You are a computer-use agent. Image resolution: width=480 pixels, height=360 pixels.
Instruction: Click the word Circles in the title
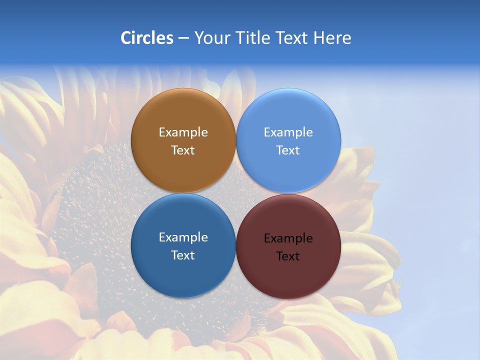(x=147, y=38)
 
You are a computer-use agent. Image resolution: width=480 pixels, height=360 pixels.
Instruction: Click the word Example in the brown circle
(x=183, y=132)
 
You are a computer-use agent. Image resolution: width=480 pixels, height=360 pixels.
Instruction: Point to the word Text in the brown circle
(x=183, y=150)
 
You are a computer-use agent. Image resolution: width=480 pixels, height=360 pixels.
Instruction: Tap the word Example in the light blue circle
(x=288, y=132)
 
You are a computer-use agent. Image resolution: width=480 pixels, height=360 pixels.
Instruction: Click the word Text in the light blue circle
(x=288, y=150)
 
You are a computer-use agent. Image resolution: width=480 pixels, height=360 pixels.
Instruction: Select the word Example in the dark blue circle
(x=183, y=237)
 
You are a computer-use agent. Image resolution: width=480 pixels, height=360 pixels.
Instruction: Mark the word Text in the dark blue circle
(x=183, y=255)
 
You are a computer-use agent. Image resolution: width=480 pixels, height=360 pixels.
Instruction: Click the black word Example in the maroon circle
(x=288, y=238)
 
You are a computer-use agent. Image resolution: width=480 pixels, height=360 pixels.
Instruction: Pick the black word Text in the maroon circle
(x=288, y=256)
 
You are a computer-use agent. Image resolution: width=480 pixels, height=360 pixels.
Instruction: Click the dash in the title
(x=183, y=38)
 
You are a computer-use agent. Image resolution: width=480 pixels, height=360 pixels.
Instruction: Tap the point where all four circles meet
(x=236, y=193)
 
